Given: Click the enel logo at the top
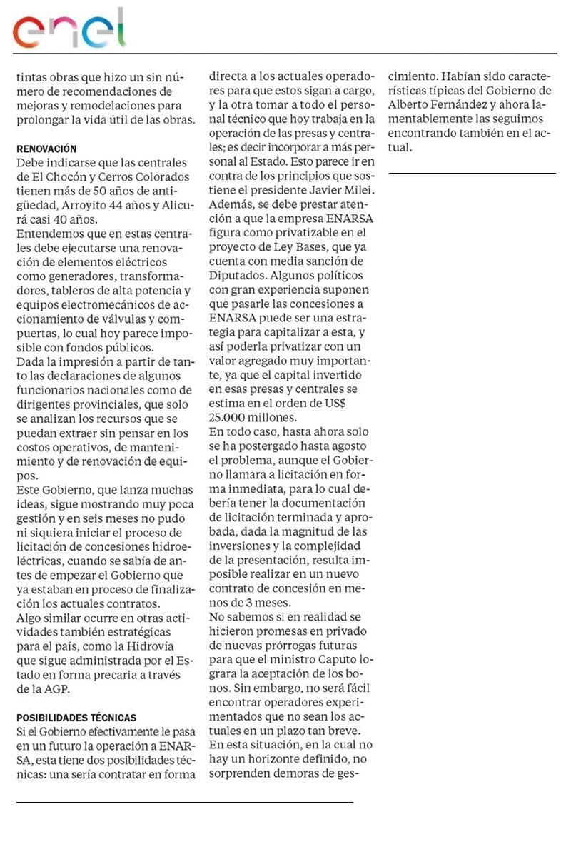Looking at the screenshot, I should point(69,29).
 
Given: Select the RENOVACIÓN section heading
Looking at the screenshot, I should point(46,149).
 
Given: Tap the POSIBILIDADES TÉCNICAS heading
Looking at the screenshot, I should point(76,717).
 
